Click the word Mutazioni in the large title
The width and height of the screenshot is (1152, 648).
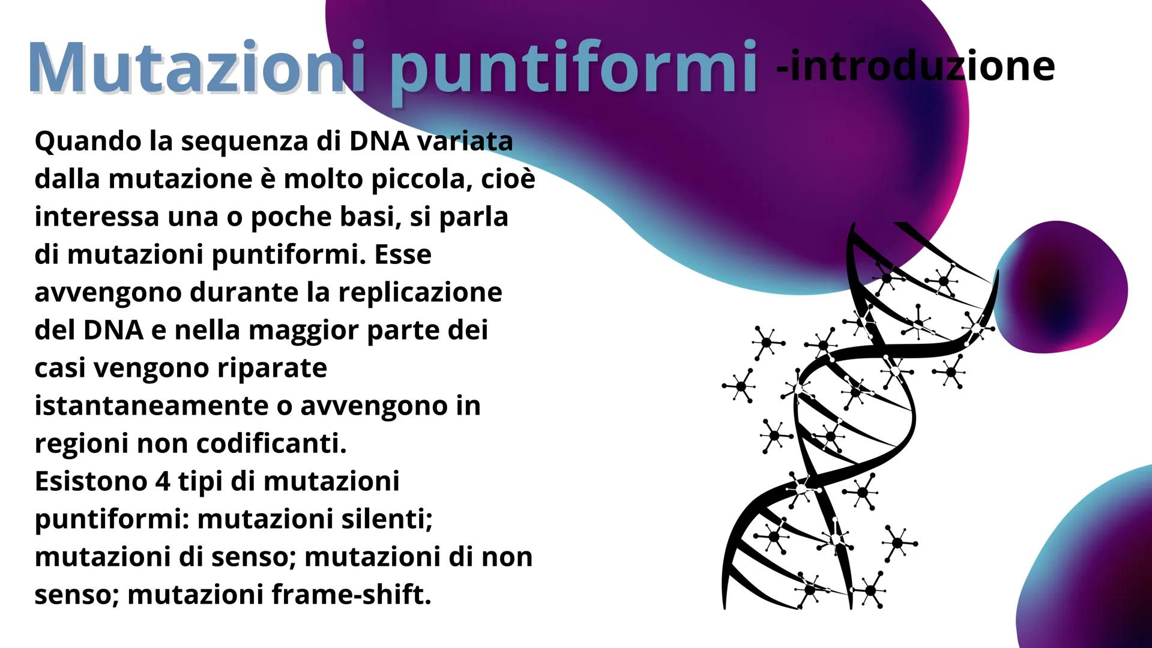tap(186, 67)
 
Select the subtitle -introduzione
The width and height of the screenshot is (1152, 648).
tap(915, 66)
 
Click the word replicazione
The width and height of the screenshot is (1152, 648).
tap(420, 292)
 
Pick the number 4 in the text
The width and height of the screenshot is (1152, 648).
tap(163, 481)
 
